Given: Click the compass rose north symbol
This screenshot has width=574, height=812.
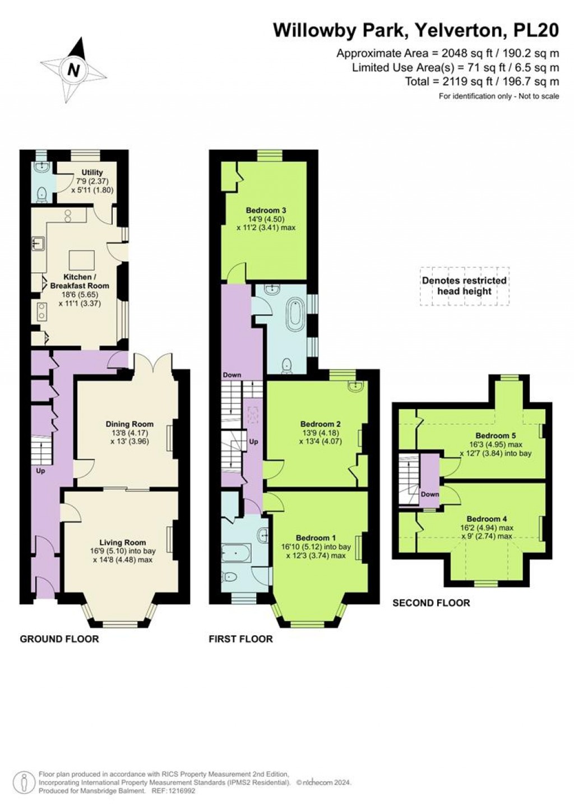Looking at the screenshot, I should click(x=73, y=70).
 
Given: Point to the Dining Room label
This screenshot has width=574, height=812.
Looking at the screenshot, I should click(x=129, y=424).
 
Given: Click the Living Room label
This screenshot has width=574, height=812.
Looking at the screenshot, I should click(x=122, y=542).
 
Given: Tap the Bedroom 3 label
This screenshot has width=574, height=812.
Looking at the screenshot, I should click(x=266, y=210).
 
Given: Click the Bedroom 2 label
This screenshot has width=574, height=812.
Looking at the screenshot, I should click(x=320, y=424).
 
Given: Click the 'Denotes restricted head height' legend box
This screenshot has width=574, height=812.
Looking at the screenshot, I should click(x=464, y=286).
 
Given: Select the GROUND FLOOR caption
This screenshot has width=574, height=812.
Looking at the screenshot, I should click(x=59, y=639).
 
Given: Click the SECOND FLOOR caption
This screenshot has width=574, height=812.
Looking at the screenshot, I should click(x=431, y=603).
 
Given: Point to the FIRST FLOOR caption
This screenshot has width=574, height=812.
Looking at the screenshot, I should click(x=240, y=639).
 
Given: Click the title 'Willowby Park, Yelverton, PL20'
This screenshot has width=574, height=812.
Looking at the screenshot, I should click(x=415, y=30).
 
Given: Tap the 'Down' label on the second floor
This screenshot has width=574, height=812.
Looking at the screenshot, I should click(x=430, y=494).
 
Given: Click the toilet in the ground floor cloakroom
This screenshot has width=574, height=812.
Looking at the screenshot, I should click(x=41, y=195).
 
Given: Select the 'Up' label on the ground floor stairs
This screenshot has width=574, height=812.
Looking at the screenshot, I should click(x=40, y=471).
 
